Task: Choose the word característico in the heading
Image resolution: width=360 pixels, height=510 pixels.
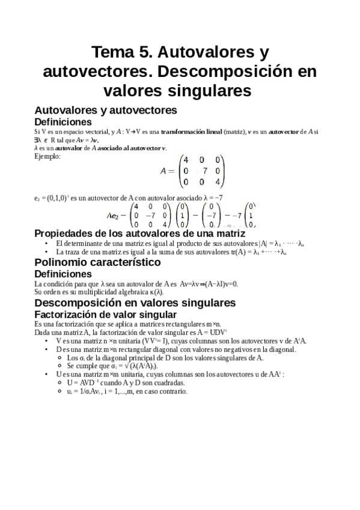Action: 126,262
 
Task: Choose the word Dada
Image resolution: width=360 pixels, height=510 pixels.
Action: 43,332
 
